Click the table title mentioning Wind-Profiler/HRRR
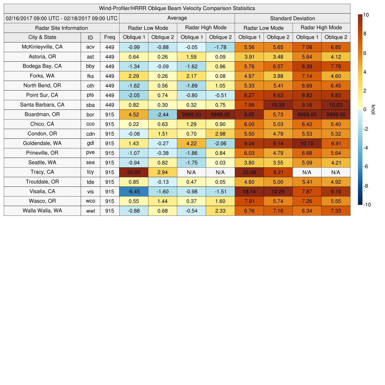[177, 8]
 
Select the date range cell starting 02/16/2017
[62, 18]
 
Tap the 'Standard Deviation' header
[293, 18]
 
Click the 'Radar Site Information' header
[62, 28]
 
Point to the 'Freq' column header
[109, 37]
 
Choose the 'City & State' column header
[42, 37]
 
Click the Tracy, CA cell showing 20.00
[134, 172]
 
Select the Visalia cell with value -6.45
[134, 191]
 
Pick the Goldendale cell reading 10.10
[307, 143]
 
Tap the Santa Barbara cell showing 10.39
[278, 105]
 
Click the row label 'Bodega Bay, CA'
[42, 66]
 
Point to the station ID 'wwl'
[90, 211]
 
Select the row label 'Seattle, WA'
[42, 162]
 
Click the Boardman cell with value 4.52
[134, 114]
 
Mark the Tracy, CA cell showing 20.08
[249, 172]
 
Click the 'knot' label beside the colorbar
[373, 109]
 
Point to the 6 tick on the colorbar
[365, 53]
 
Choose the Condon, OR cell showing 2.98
[220, 133]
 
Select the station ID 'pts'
[90, 95]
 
